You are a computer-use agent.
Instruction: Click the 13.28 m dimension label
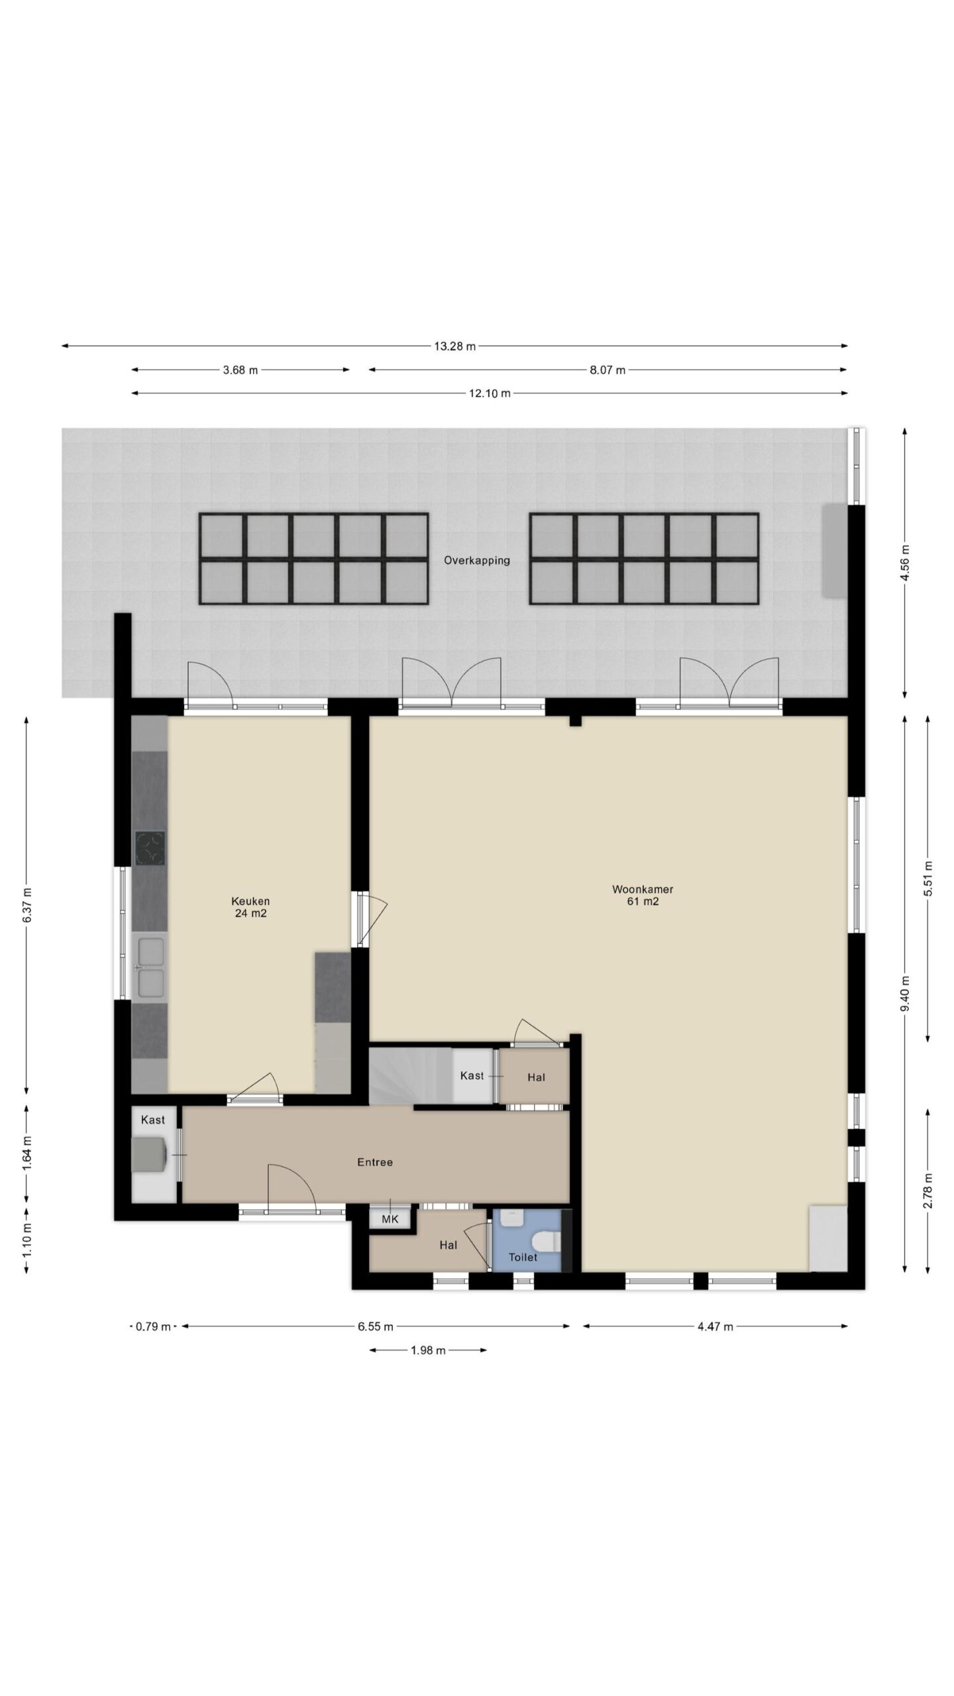point(454,346)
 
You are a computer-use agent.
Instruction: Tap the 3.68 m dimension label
point(240,370)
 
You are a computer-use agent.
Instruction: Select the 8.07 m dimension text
point(608,370)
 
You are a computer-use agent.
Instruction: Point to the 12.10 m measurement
point(490,394)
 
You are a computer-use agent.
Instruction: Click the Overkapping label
point(477,560)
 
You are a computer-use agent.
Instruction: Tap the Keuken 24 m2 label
point(250,907)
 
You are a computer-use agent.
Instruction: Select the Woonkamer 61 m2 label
point(643,895)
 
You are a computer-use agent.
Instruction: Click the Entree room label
point(375,1162)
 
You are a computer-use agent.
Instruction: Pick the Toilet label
point(523,1257)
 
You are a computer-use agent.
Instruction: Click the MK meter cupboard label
point(390,1219)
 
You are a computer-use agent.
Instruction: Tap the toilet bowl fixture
point(546,1242)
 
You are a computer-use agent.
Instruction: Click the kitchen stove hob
point(150,848)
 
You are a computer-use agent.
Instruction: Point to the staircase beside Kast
point(410,1075)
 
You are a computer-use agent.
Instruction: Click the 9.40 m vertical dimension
point(905,993)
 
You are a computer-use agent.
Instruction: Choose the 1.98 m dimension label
point(428,1350)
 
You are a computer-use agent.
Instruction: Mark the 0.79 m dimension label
point(153,1326)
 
